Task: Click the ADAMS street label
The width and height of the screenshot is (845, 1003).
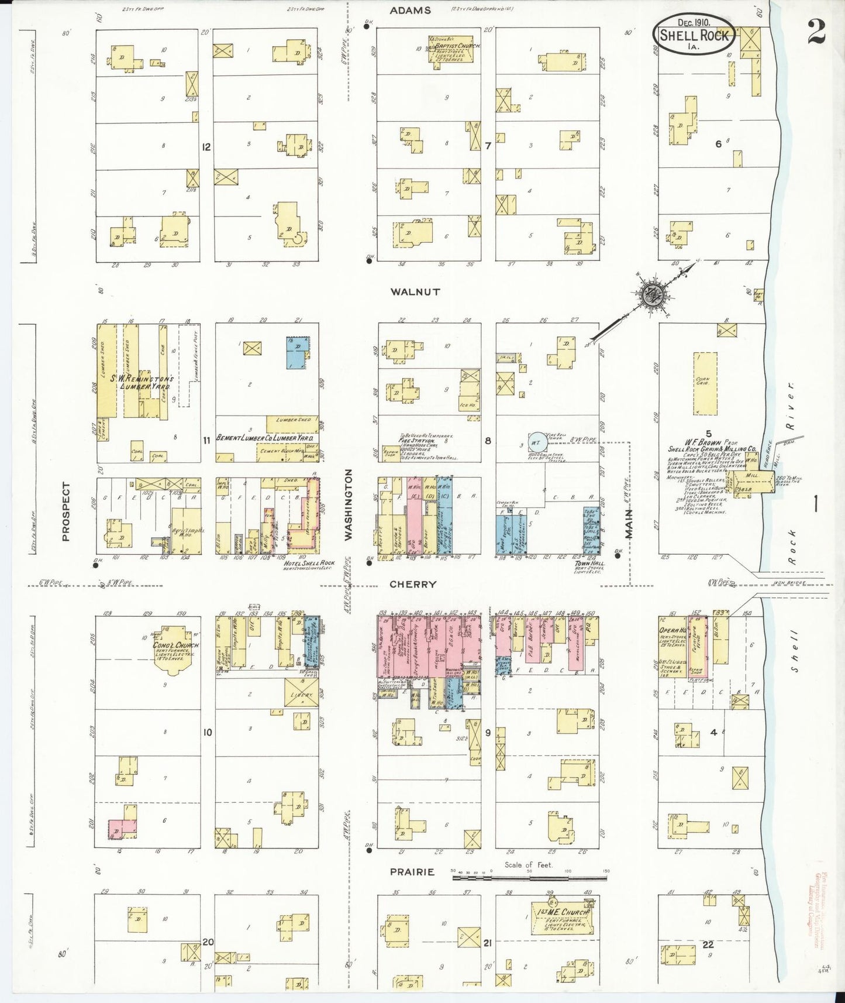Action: coord(411,11)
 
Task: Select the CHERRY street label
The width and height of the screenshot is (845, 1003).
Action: coord(413,584)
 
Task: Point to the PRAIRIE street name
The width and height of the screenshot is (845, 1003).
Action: coord(412,871)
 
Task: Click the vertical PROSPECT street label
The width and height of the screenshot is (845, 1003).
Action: coord(65,511)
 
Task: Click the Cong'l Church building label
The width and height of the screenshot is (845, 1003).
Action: coord(168,646)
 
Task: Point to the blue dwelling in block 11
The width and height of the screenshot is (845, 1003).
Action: coord(297,352)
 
